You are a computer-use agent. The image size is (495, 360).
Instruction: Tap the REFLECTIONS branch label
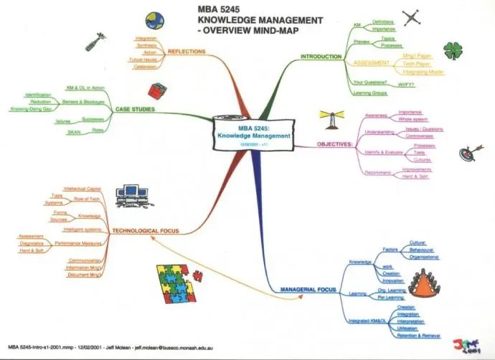[x=186, y=52]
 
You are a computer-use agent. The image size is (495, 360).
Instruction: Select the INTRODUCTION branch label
[x=321, y=57]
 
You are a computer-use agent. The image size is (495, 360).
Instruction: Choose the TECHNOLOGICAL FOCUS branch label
[x=145, y=231]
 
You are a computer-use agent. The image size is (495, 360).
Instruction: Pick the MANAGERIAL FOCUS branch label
[x=308, y=288]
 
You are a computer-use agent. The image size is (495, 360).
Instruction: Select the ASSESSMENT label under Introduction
[x=372, y=63]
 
